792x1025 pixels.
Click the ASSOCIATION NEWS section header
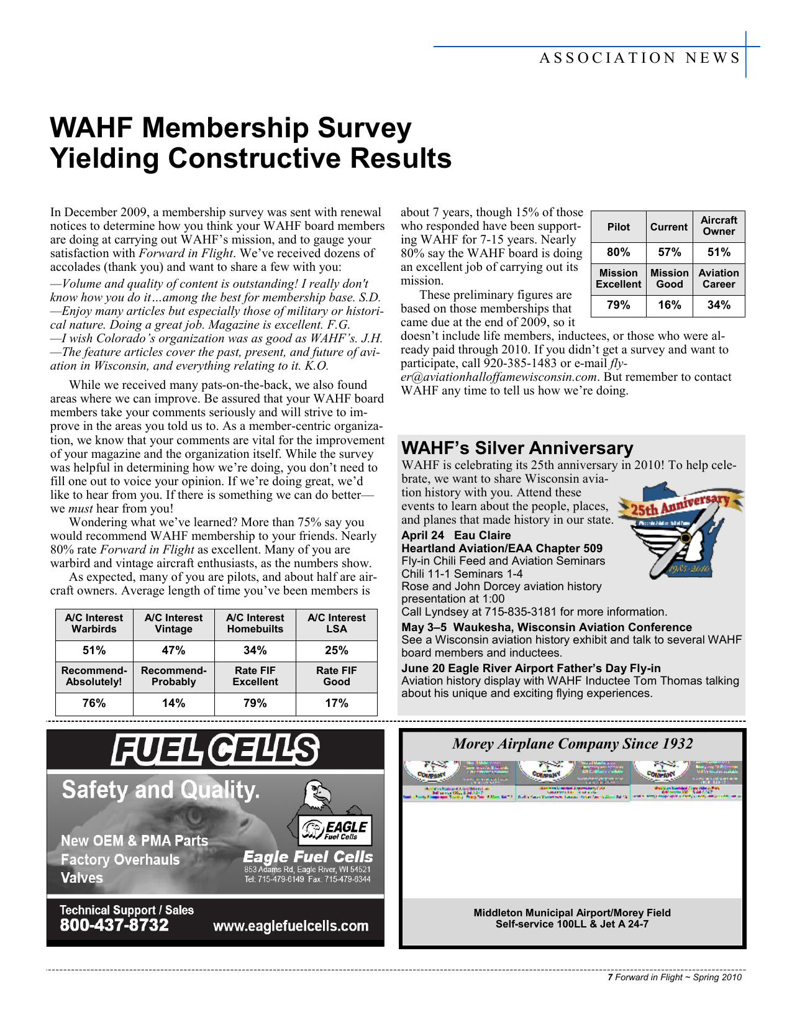639,58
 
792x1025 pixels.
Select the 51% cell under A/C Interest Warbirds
94,650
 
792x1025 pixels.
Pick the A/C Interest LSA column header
336,623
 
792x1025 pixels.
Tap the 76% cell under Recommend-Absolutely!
94,703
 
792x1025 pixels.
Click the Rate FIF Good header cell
336,676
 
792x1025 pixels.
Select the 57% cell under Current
668,252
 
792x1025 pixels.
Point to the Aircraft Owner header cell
718,225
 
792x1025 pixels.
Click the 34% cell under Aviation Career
718,305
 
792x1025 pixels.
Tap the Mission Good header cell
668,278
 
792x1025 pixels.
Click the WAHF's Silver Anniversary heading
517,448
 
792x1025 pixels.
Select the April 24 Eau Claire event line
456,535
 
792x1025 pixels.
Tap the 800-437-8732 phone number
114,926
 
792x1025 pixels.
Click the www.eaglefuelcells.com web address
291,926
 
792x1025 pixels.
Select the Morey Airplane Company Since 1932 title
572,744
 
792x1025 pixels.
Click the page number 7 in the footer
610,978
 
